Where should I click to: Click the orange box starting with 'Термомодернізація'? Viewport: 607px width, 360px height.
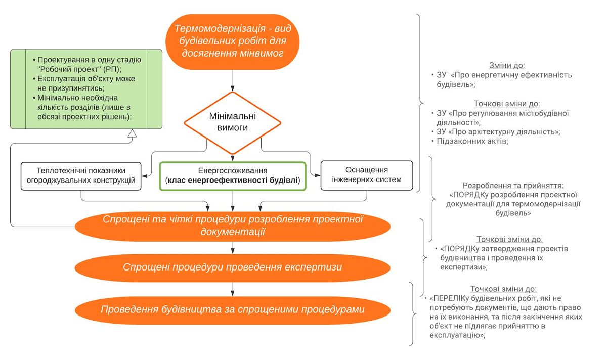[233, 42]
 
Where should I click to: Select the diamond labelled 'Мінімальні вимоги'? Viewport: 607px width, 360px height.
[233, 123]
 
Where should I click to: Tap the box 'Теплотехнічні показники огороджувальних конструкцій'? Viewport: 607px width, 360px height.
[81, 176]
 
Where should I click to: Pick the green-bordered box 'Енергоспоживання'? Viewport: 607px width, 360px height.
[233, 176]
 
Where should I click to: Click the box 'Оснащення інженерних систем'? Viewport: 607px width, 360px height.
[367, 175]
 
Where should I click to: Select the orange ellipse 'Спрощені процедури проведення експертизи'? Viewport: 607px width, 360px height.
[233, 267]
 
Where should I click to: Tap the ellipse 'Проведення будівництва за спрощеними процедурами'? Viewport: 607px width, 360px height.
[233, 310]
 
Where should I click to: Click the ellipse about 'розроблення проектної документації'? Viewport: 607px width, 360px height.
[233, 226]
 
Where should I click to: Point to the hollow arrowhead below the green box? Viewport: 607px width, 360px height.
[132, 133]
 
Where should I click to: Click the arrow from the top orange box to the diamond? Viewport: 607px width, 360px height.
[233, 81]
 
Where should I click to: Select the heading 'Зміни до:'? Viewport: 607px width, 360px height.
[507, 65]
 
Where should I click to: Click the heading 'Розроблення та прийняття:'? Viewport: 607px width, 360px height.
[513, 185]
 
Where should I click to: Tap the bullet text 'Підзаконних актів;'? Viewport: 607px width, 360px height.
[472, 141]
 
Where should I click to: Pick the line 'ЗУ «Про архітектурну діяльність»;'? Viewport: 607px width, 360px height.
[498, 131]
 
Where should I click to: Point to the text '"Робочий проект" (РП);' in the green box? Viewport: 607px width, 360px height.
[79, 69]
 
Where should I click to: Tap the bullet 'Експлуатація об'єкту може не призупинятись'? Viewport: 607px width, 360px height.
[86, 83]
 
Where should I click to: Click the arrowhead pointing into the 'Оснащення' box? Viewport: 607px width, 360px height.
[317, 175]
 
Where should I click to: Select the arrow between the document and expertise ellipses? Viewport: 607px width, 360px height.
[233, 248]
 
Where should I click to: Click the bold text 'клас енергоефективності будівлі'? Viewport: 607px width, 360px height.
[233, 180]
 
